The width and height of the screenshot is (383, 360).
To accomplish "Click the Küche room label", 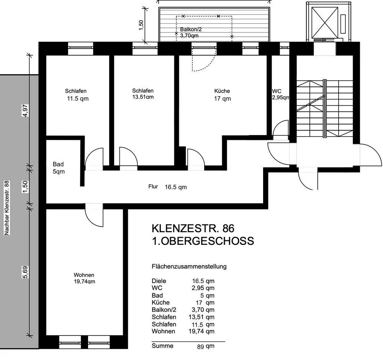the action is [x=222, y=91].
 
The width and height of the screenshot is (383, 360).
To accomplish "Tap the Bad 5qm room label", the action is [x=59, y=168].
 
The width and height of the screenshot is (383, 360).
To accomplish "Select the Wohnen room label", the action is [x=84, y=275].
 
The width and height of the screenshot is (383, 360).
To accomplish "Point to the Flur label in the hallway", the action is [x=153, y=187].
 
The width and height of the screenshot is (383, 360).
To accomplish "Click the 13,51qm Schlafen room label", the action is [x=143, y=94].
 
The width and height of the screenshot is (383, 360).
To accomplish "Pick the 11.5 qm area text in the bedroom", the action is [x=78, y=99].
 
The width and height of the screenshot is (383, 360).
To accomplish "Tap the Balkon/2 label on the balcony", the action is [x=191, y=29].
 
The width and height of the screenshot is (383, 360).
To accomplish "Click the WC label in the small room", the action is [x=277, y=91].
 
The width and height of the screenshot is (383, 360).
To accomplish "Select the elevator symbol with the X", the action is [x=325, y=23].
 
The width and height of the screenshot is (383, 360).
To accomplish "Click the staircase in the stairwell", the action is [x=325, y=109].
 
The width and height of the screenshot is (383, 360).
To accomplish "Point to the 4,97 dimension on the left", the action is [x=25, y=111].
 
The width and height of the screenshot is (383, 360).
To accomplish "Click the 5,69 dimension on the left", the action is [x=25, y=272].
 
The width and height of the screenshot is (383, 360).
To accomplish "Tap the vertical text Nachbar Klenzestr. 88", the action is [x=7, y=208].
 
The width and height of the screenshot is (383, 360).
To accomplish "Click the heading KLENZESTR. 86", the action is [x=193, y=228].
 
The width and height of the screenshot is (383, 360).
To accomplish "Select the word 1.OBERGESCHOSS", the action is [x=203, y=241].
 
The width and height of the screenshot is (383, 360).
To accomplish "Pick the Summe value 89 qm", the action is [x=206, y=346].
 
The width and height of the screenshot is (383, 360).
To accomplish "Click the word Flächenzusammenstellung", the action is [x=189, y=267].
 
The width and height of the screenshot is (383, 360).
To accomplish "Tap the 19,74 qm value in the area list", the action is [x=201, y=331].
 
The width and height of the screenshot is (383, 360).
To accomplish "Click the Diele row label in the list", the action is [x=159, y=281].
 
